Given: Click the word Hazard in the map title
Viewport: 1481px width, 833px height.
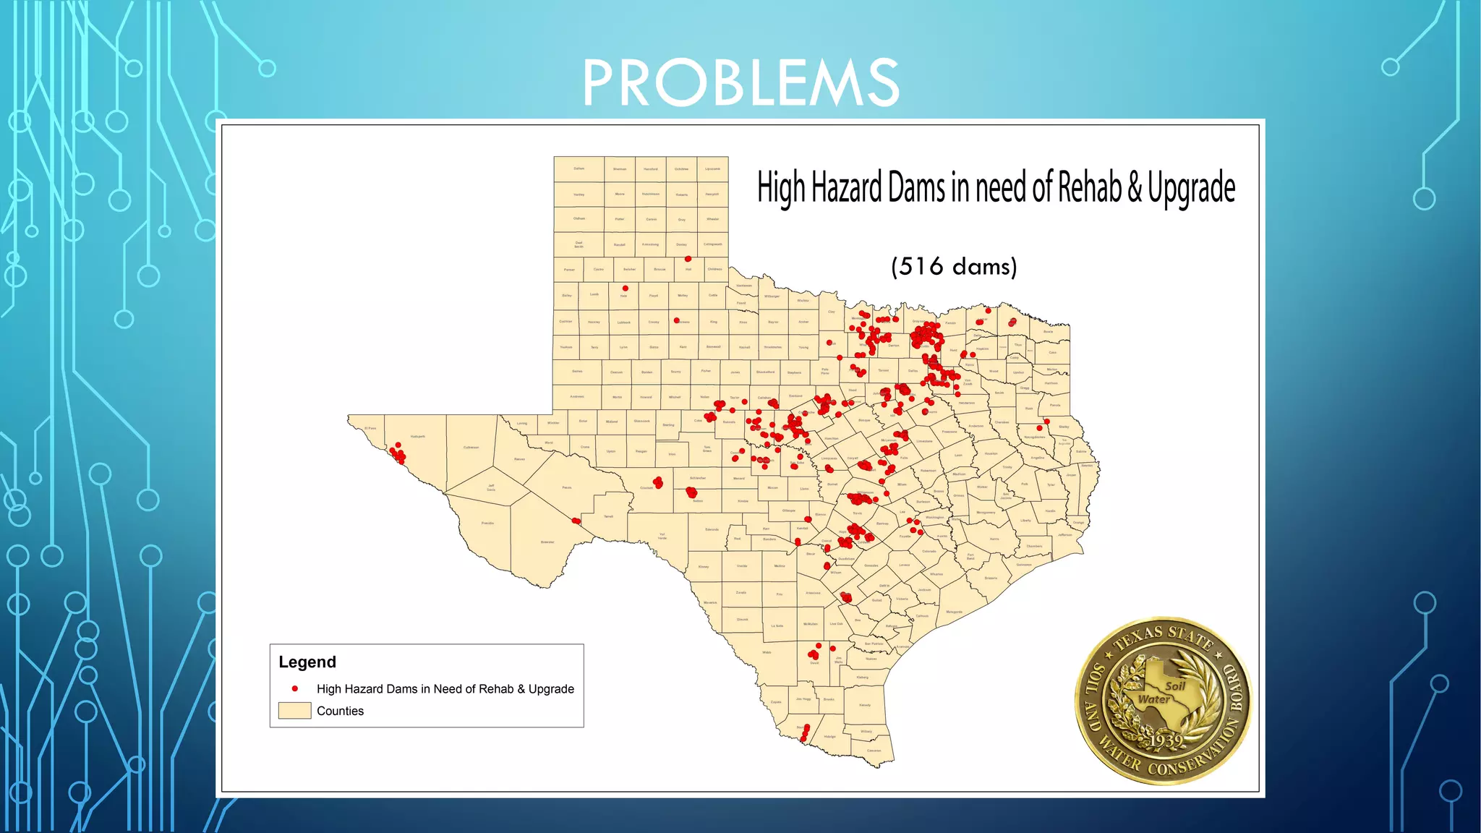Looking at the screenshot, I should pyautogui.click(x=848, y=188).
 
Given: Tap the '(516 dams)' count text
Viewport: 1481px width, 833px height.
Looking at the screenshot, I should pyautogui.click(x=954, y=267).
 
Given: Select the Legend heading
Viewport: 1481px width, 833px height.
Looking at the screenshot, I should pyautogui.click(x=307, y=662).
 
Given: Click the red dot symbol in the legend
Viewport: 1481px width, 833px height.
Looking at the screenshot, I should pyautogui.click(x=295, y=688).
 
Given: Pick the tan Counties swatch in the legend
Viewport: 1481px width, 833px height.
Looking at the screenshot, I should pyautogui.click(x=294, y=711).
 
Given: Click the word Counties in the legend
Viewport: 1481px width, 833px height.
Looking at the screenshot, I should pyautogui.click(x=340, y=711).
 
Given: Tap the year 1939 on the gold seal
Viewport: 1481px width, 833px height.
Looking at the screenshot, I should pyautogui.click(x=1165, y=740).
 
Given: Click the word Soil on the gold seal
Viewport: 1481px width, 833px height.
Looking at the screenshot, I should pyautogui.click(x=1175, y=686).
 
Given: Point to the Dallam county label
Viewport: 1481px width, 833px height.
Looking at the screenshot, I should pyautogui.click(x=579, y=168).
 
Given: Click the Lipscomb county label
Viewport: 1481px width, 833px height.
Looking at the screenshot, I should pyautogui.click(x=712, y=168).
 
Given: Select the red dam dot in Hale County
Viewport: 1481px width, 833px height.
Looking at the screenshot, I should pyautogui.click(x=626, y=289).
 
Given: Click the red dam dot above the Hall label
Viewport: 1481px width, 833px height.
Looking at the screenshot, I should pyautogui.click(x=688, y=259).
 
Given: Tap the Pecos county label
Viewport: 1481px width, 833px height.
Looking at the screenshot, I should pyautogui.click(x=567, y=487).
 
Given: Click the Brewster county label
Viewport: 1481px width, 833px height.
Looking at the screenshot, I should pyautogui.click(x=547, y=542).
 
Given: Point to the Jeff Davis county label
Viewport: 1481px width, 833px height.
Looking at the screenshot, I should pyautogui.click(x=491, y=487).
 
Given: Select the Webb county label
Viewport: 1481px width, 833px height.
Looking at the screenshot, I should pyautogui.click(x=767, y=652).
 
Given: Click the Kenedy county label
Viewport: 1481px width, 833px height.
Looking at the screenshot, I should pyautogui.click(x=865, y=705).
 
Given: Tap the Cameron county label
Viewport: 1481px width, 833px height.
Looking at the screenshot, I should pyautogui.click(x=874, y=751).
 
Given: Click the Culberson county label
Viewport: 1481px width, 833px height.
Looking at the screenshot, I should pyautogui.click(x=471, y=447).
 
